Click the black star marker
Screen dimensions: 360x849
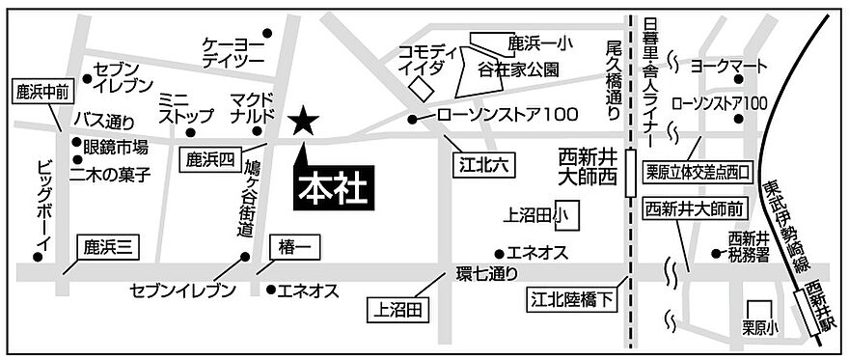[x=303, y=121]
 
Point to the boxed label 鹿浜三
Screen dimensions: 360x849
[x=106, y=247]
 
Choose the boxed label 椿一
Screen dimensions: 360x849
[x=292, y=249]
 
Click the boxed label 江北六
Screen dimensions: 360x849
[x=481, y=165]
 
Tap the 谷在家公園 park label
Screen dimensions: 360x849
[x=518, y=70]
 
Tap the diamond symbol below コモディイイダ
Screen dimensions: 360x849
[x=422, y=86]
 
